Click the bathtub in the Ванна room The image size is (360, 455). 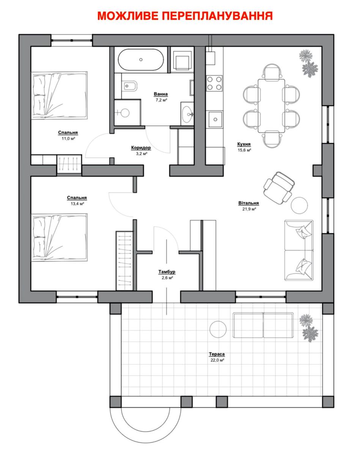tap(141, 60)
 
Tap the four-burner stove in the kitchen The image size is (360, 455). tap(214, 83)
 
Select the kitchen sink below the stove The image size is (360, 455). tap(215, 119)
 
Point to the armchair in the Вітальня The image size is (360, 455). tap(279, 188)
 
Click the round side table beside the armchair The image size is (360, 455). tap(299, 205)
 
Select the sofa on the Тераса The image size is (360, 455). tap(263, 325)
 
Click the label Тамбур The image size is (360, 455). tap(167, 272)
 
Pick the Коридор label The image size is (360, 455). tap(141, 147)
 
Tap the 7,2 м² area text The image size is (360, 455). tap(161, 100)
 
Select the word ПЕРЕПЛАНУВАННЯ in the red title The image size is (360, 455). tap(217, 16)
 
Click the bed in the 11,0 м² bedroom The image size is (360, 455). tap(59, 96)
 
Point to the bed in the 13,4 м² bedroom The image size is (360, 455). tap(59, 237)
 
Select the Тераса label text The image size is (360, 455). tap(217, 354)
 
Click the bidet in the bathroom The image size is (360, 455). tap(129, 86)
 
